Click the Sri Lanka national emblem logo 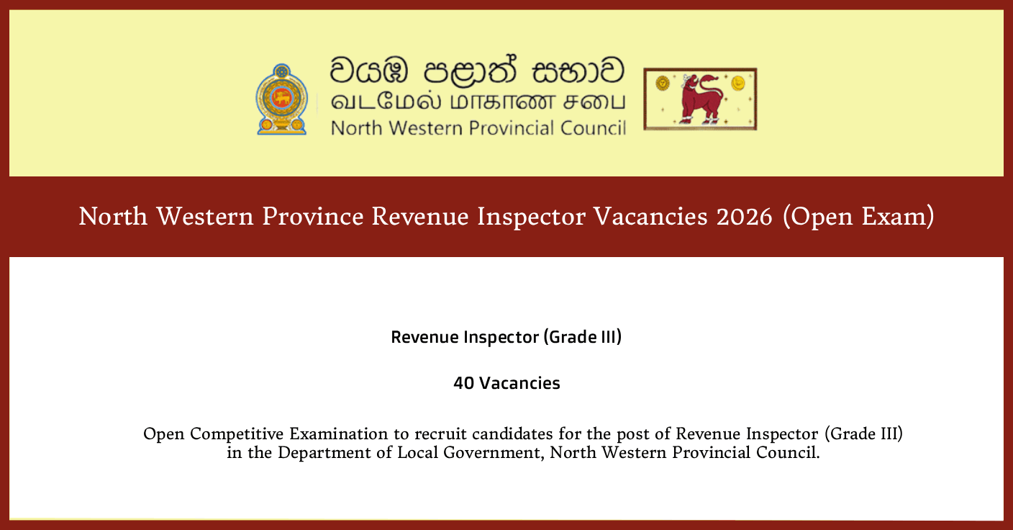281,99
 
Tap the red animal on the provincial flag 701,98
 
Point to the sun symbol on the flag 661,84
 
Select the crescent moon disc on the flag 737,84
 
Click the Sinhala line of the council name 477,71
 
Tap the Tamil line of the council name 477,102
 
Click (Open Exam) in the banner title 859,216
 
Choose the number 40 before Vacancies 463,383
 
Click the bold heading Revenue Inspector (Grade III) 506,337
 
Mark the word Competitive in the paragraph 237,434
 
